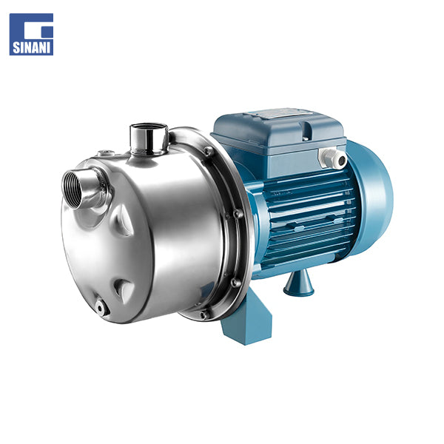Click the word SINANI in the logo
[31, 47]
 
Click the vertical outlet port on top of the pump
[149, 139]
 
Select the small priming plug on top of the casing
[106, 153]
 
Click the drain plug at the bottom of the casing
[101, 308]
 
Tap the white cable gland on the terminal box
[332, 158]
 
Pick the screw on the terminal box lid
[304, 138]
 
